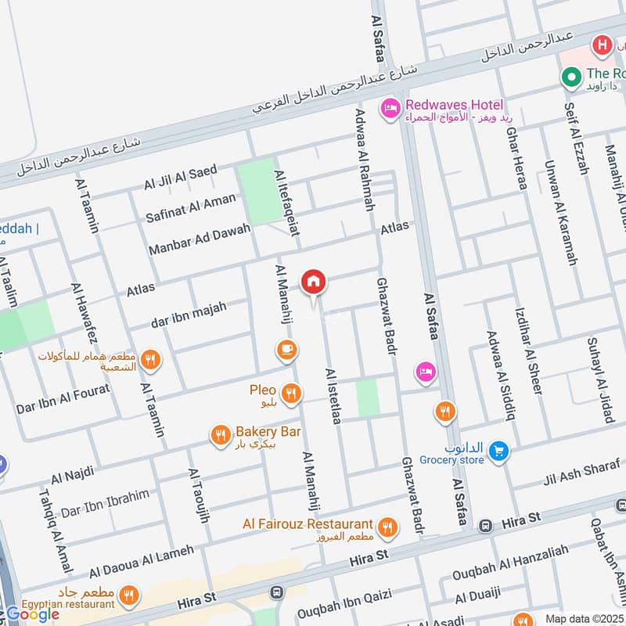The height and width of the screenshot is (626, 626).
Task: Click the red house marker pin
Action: pos(314,281)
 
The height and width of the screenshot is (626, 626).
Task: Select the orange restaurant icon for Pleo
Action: pos(292,394)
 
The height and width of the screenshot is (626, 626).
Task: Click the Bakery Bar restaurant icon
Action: pos(221,435)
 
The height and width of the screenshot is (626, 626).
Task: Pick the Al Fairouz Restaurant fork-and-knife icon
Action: pos(387,530)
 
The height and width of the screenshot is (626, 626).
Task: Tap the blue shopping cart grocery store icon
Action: pos(498,451)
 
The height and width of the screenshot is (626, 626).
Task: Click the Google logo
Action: pos(33,614)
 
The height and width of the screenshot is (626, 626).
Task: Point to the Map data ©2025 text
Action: pos(584,618)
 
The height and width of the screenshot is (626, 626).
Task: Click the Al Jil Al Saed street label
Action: pos(180,178)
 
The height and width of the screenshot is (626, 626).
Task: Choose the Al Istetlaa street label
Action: pos(333,396)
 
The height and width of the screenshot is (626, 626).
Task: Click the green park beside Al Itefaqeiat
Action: pos(256,190)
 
